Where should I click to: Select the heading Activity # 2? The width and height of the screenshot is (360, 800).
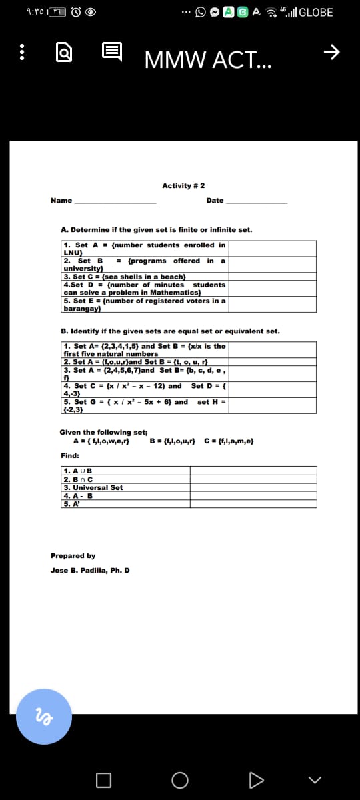pos(183,185)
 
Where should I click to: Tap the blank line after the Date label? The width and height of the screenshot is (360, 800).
pos(256,201)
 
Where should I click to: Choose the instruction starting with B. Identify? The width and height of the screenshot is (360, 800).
pos(170,331)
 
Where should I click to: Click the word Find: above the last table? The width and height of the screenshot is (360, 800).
pos(69,455)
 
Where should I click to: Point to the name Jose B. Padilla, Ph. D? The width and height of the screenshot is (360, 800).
pos(90,571)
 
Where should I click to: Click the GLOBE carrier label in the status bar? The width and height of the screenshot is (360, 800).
pos(317,13)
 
